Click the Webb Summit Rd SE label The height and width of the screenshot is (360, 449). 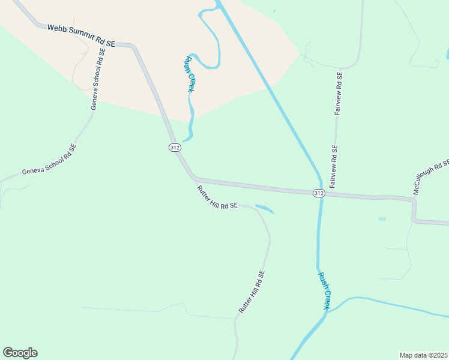[x=82, y=35]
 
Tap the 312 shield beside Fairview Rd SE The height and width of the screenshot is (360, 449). [x=319, y=193]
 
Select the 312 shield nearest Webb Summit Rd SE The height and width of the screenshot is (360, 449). [x=174, y=147]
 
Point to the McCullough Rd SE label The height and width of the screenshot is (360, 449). [x=431, y=176]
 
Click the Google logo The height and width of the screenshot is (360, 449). [x=20, y=353]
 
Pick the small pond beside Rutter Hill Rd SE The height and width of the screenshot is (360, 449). [x=265, y=209]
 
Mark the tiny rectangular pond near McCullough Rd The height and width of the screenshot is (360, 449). [x=382, y=218]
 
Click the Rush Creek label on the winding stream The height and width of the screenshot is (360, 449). [x=190, y=74]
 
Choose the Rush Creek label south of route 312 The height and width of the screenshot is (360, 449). [x=324, y=290]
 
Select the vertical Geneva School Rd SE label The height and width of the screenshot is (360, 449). [x=98, y=79]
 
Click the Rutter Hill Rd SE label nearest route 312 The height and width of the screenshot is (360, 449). [x=217, y=197]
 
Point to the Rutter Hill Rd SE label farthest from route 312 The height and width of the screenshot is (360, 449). [x=252, y=292]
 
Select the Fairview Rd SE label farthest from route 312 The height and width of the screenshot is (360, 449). [x=339, y=94]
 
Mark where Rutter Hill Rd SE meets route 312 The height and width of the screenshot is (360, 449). [x=193, y=178]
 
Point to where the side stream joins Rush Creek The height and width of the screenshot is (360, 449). [x=328, y=313]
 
